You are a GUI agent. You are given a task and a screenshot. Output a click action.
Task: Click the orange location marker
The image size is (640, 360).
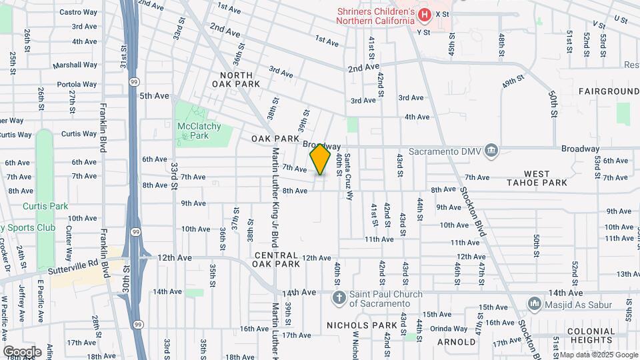click(x=320, y=159)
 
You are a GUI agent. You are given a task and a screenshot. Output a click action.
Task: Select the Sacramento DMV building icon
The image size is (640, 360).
click(x=492, y=149)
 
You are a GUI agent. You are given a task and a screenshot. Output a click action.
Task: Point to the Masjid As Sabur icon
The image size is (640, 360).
click(x=534, y=304)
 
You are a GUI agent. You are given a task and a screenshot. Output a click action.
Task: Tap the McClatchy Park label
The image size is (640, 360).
click(x=194, y=131)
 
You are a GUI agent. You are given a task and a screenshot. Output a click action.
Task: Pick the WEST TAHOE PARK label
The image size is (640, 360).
click(x=537, y=177)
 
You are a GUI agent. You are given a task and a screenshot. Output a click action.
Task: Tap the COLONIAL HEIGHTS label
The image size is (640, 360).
click(x=590, y=335)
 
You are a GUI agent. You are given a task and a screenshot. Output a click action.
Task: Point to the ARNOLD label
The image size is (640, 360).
click(x=456, y=342)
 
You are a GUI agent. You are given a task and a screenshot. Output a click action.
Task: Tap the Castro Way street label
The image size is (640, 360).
click(x=78, y=12)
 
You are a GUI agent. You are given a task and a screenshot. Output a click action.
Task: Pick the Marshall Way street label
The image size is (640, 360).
click(x=75, y=65)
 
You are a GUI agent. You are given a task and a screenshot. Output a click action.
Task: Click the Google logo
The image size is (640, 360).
click(x=22, y=351)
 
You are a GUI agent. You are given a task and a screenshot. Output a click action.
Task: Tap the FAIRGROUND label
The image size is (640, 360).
click(x=609, y=91)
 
